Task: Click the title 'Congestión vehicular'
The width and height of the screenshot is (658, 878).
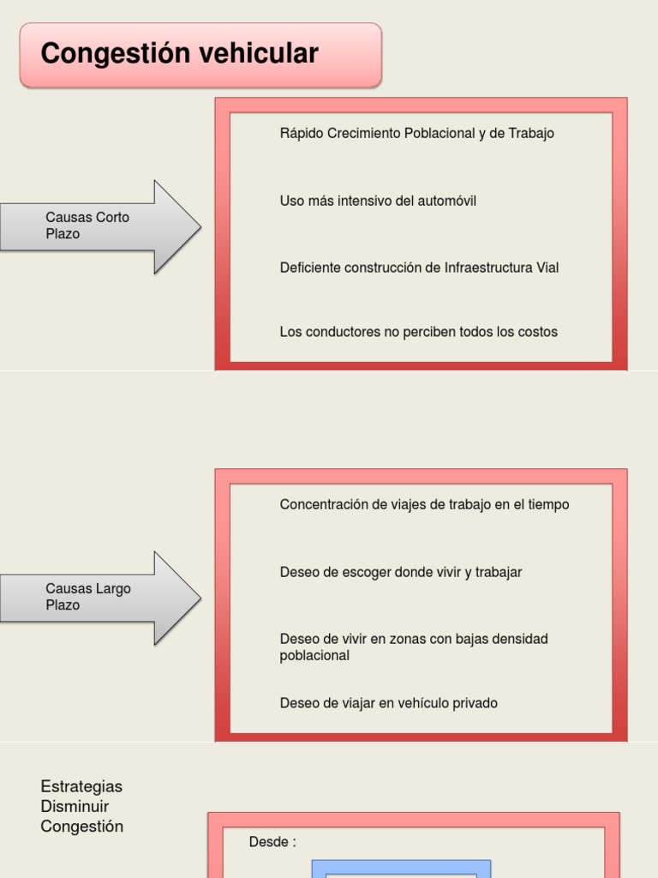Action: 179,54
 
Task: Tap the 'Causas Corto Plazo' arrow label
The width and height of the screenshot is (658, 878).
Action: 87,226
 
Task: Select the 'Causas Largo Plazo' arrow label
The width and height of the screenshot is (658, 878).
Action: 87,597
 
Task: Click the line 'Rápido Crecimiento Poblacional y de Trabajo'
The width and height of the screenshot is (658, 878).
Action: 416,134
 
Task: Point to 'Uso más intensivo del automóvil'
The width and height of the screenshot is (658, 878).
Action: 378,201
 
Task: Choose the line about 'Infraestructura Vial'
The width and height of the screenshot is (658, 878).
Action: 419,268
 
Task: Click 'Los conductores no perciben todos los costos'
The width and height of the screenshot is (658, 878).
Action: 418,332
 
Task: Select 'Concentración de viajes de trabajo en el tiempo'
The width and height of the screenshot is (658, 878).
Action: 424,504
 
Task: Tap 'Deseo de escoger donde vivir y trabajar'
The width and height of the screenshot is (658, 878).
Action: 400,572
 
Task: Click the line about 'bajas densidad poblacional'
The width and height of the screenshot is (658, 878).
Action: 414,647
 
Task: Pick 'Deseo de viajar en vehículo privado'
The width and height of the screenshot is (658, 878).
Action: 388,703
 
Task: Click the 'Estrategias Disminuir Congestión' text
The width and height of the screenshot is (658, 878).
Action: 81,806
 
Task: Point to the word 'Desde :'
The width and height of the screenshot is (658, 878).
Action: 272,842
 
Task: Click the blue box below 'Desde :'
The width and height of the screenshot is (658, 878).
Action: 401,868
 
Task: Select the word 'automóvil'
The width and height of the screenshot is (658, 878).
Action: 447,201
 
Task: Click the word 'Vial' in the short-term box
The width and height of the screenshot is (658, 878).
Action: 547,268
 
